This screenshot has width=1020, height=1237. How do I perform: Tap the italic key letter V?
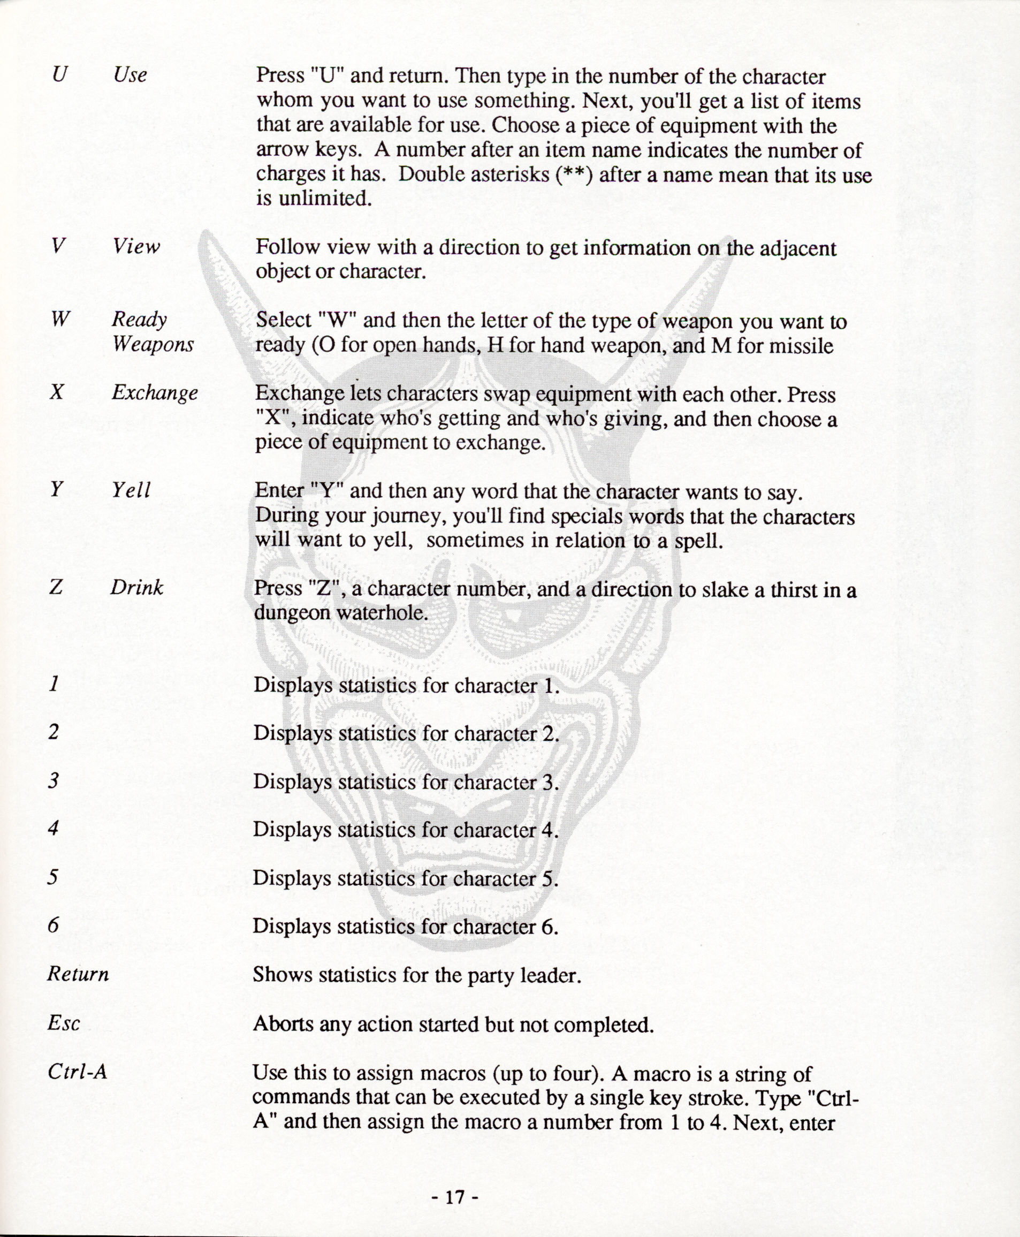57,246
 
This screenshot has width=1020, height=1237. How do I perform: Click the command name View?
136,246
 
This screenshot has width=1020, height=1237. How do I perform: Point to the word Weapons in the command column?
153,344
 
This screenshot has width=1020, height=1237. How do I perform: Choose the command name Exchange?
155,392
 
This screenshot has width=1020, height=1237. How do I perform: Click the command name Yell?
132,490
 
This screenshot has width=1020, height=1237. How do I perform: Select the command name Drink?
137,587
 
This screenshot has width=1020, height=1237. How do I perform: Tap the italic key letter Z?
56,587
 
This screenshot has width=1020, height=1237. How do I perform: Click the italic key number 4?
54,829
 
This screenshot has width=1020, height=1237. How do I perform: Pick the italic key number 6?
54,925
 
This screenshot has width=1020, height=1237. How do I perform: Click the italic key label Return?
78,974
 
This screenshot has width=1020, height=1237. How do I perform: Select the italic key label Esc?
64,1023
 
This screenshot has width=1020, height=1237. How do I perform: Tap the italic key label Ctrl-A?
78,1072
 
